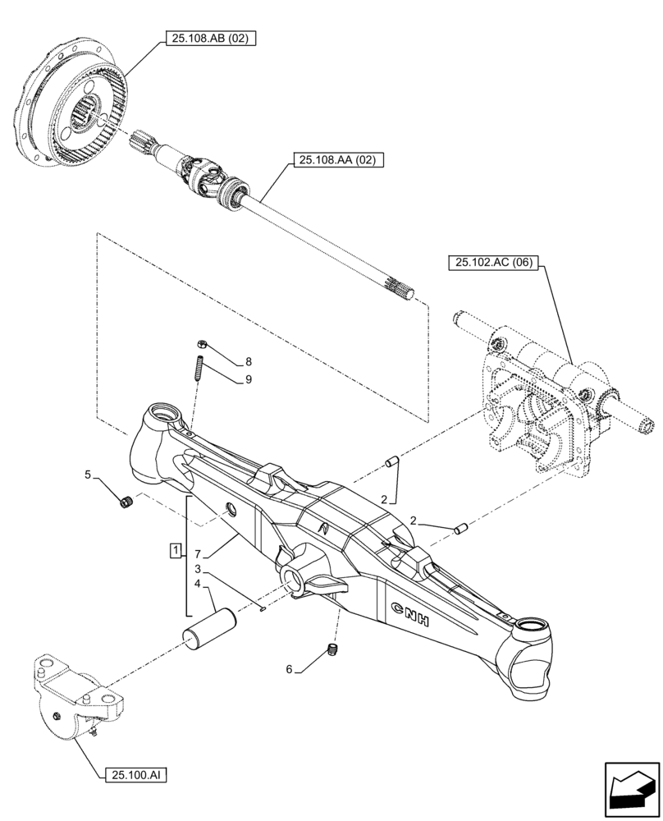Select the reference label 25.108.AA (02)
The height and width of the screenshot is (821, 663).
(x=335, y=161)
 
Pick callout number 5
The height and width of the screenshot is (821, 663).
(x=88, y=474)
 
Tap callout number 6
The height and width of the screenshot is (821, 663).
(x=289, y=669)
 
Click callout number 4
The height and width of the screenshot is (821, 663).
(x=198, y=585)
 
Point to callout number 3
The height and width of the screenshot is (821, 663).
(x=198, y=568)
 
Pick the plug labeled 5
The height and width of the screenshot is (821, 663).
(x=126, y=502)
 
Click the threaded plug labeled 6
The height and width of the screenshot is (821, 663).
(x=332, y=651)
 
